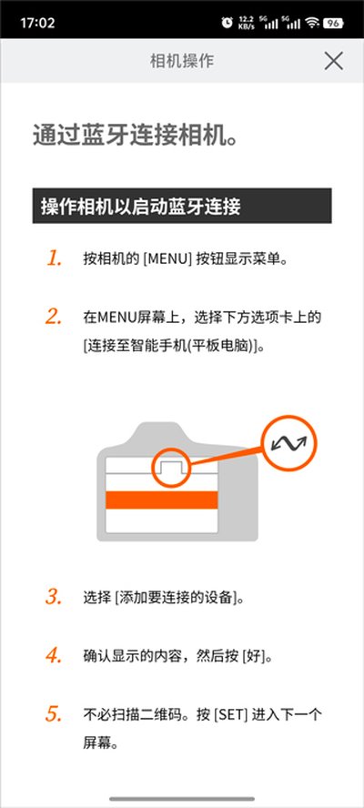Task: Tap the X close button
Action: coord(334,61)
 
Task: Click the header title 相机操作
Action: coord(182,61)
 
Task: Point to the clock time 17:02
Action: coord(37,23)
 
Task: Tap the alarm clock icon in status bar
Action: coord(227,23)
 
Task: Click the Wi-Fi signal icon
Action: coord(312,23)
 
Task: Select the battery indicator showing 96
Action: coord(333,23)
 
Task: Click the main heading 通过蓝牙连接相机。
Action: coord(136,136)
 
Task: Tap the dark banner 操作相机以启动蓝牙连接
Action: coord(182,206)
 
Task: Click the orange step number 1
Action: coord(54,258)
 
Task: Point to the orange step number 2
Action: coord(54,317)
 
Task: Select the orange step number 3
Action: coord(54,597)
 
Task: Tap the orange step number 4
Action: coord(54,655)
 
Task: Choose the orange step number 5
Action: coord(54,714)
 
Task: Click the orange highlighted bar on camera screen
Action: coord(161,500)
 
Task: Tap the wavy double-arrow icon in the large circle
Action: coord(288,442)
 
